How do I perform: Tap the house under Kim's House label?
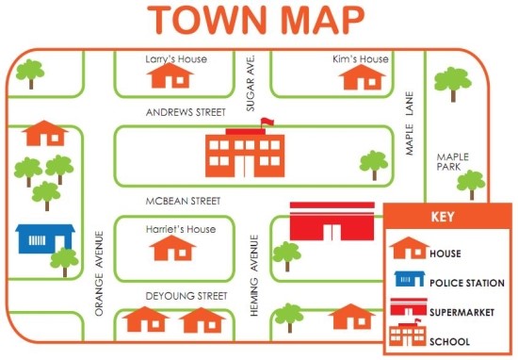(x=361, y=76)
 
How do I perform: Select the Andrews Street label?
(x=186, y=112)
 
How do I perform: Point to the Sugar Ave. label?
(x=251, y=83)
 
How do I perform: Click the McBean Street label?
(x=183, y=201)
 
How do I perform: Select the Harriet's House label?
(x=181, y=229)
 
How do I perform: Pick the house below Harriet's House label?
(x=173, y=249)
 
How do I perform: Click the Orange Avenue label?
(x=99, y=272)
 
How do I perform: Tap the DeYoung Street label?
(x=186, y=296)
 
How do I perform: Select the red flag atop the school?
(x=267, y=122)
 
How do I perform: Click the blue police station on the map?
(x=44, y=239)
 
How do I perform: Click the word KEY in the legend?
(x=443, y=216)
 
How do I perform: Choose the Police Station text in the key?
(x=466, y=283)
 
